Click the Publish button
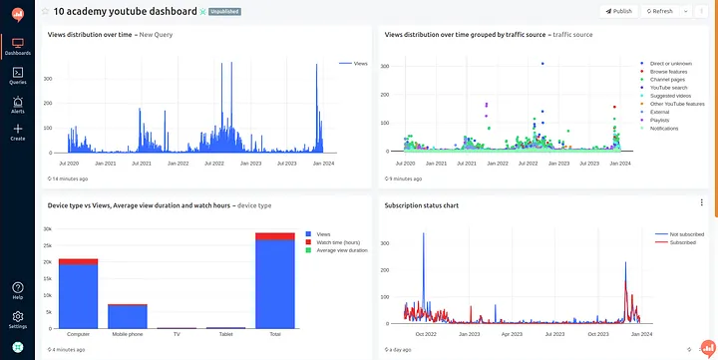[x=618, y=11]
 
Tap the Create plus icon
[x=18, y=129]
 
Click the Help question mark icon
[x=18, y=287]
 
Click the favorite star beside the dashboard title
[x=45, y=11]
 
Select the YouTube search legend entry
[x=670, y=87]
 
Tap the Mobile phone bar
[x=127, y=317]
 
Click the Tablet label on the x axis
[x=225, y=334]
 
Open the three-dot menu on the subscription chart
[x=701, y=202]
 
